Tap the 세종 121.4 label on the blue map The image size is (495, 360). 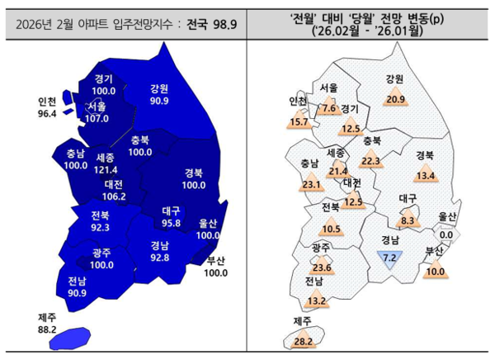[x=105, y=163]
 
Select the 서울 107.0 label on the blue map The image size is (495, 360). [x=97, y=112]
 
